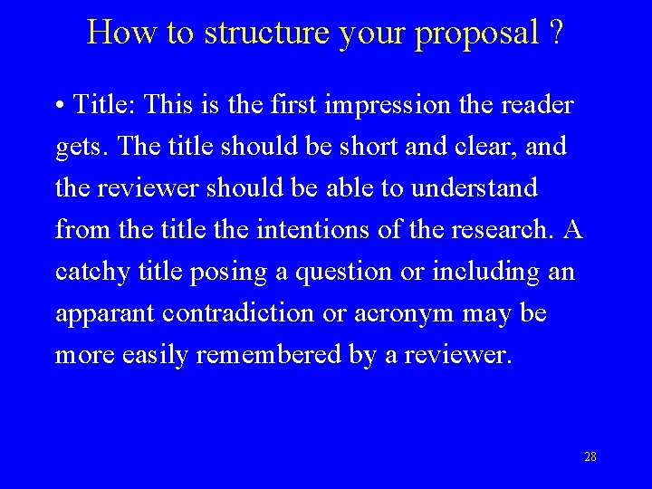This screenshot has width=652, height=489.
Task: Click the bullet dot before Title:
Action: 59,105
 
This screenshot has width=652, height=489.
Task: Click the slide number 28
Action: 590,456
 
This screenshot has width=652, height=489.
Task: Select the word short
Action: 341,146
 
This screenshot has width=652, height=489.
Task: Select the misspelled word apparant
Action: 105,314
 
